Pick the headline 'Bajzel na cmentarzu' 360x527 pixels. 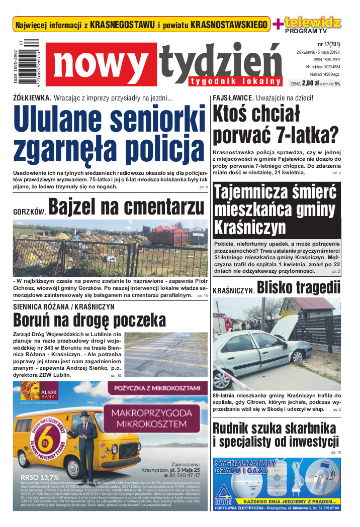pyautogui.click(x=126, y=207)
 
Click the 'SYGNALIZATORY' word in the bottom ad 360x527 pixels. pyautogui.click(x=245, y=463)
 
